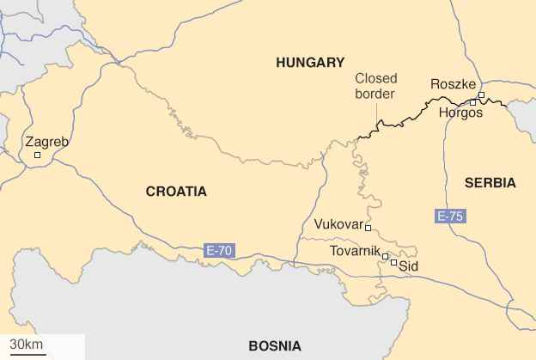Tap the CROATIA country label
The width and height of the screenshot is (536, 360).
pos(176,192)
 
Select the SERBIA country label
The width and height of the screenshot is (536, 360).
pos(490,183)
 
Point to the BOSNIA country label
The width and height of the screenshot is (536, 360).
pos(275,346)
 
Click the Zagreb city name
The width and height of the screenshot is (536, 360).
pos(46,142)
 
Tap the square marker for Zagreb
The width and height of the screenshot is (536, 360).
pos(37,156)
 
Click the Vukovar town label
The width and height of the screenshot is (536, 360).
pos(338,224)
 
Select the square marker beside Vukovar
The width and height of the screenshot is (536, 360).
pos(368,228)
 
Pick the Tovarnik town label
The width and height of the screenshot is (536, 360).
pos(356,252)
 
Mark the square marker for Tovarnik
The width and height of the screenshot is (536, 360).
pos(386,256)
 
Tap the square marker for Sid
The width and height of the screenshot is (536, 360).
pos(394,262)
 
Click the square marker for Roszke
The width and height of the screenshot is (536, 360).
pos(482,95)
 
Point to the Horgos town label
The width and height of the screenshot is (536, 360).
pos(460,113)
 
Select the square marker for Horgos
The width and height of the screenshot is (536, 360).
pos(472,102)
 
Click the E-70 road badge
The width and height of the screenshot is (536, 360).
pos(219,251)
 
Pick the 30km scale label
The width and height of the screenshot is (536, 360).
pos(22,345)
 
